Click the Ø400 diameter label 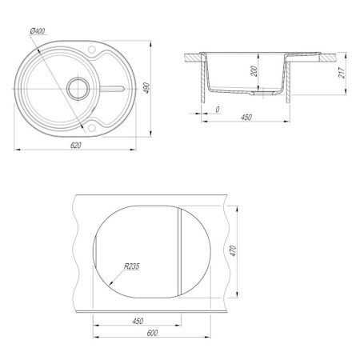coord(38,31)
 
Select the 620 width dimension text coord(76,146)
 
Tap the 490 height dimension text coord(146,88)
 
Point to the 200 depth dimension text coord(254,71)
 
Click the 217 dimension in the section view coord(342,73)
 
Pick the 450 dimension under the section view coord(246,117)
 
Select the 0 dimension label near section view coord(218,110)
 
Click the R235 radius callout coord(132,266)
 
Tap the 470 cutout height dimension coord(233,251)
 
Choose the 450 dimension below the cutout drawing coord(138,321)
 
